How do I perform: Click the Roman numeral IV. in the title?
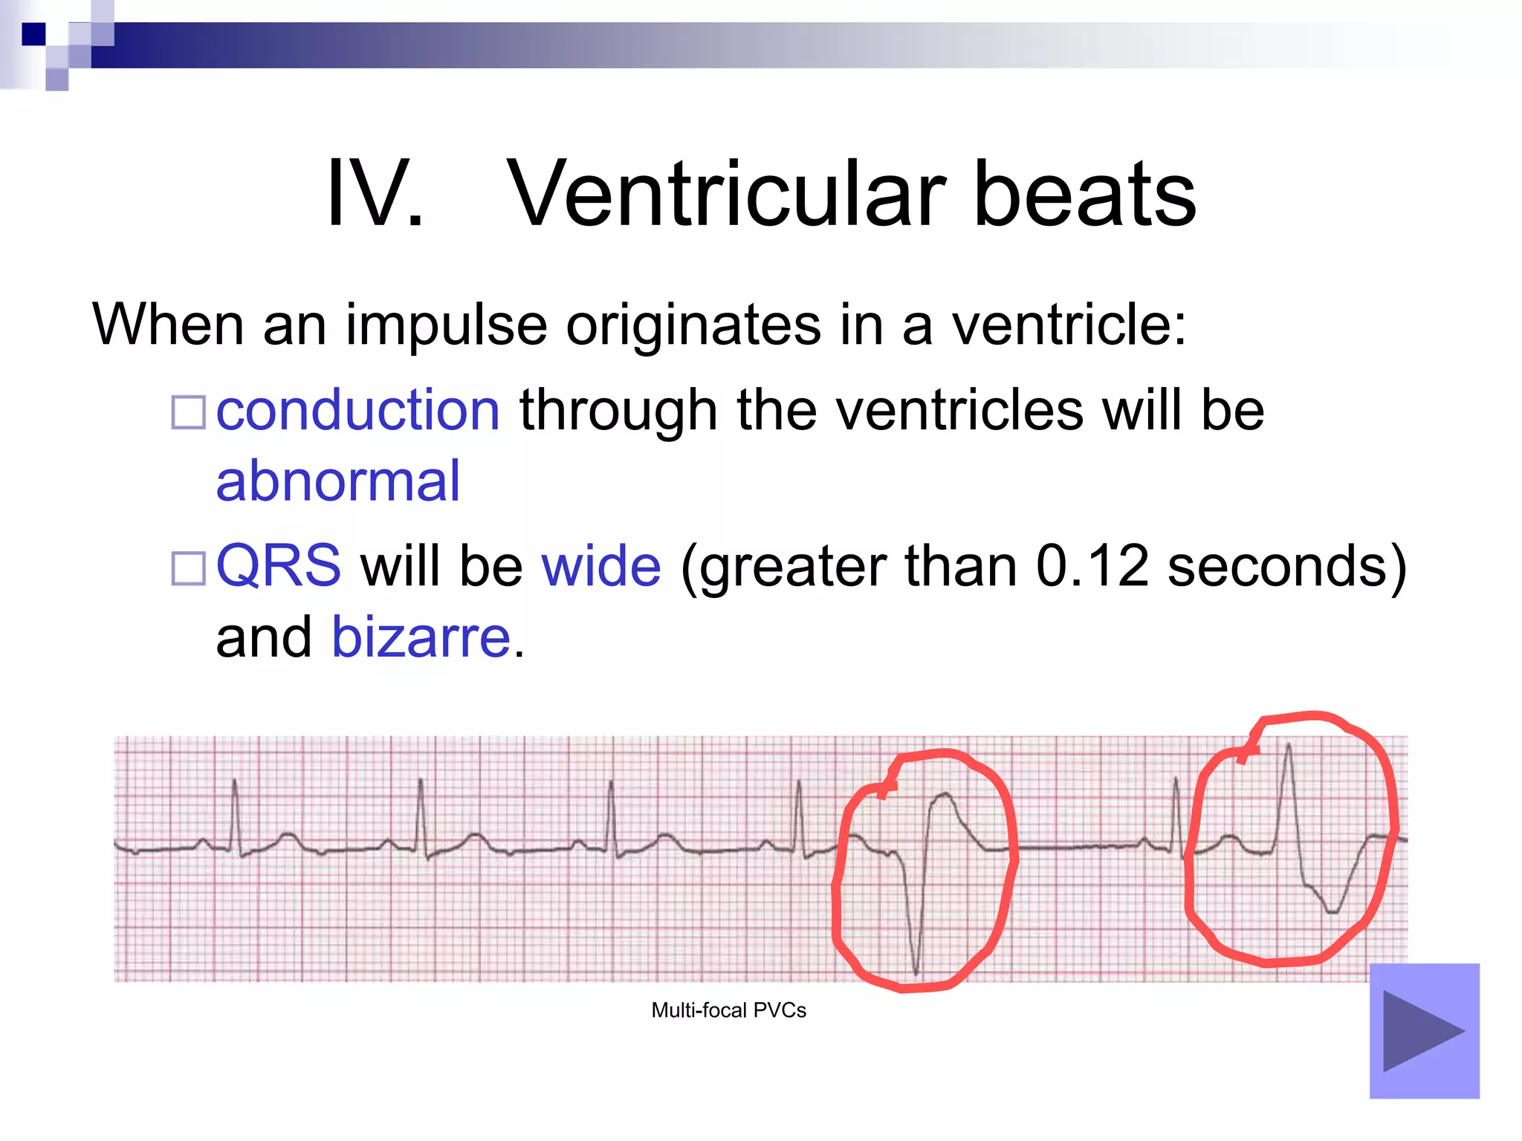375,195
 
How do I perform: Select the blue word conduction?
358,410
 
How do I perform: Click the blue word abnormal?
338,481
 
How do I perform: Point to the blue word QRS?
278,566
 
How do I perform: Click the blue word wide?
600,566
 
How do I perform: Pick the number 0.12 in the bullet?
1092,566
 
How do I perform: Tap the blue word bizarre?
421,637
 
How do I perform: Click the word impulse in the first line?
446,325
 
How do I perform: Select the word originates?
693,325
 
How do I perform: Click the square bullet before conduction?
188,412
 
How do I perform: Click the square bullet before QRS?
188,568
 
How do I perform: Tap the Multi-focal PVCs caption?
728,1010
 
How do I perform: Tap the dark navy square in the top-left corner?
33,34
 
